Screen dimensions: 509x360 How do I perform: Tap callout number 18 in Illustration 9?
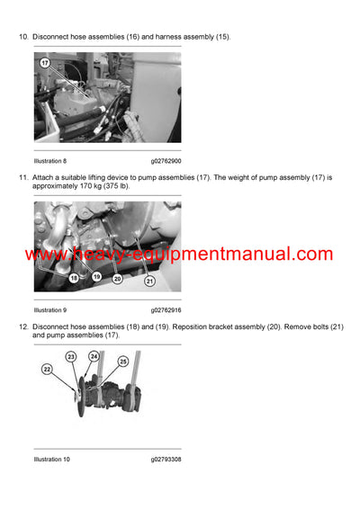click(x=75, y=279)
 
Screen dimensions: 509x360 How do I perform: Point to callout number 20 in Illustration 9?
click(x=117, y=279)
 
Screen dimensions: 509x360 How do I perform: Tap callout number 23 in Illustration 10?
click(x=71, y=357)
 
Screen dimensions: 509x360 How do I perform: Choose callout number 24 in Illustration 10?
click(x=94, y=355)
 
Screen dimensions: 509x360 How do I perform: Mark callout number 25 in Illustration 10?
click(x=123, y=361)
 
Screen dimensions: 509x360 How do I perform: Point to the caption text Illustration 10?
click(x=53, y=460)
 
